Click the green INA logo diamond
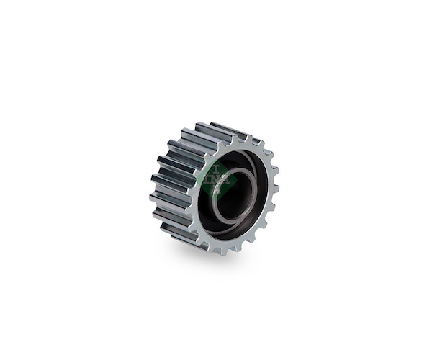click(217, 179)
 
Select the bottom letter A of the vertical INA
click(217, 190)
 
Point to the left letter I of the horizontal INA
click(206, 179)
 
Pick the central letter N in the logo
click(217, 179)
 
